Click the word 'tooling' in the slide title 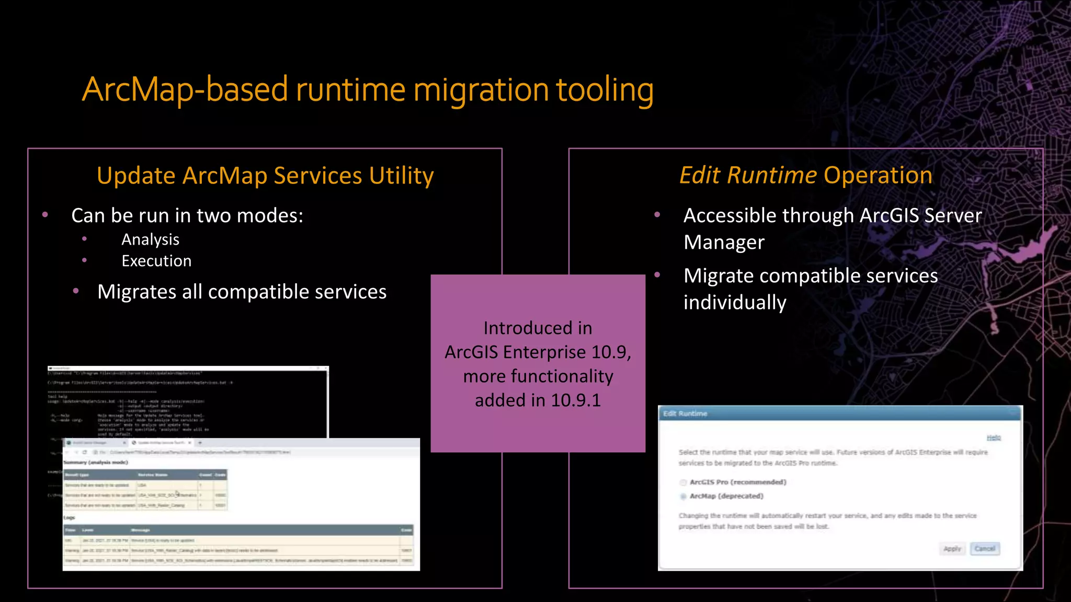coord(605,90)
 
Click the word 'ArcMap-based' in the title coord(185,90)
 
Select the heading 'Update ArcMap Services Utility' coord(265,176)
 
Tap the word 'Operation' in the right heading coord(878,175)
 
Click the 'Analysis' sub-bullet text coord(150,239)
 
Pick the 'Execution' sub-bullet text coord(156,261)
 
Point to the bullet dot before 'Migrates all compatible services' coord(76,291)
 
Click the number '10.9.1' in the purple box coord(575,400)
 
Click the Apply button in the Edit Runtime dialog coord(952,549)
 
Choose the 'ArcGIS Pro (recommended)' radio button coord(683,482)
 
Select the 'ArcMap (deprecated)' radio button coord(683,496)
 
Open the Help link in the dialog coord(993,438)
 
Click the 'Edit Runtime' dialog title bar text coord(685,413)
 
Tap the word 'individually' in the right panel coord(734,303)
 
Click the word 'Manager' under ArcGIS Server coord(724,242)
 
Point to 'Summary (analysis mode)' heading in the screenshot coord(95,462)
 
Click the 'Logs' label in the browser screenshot coord(69,517)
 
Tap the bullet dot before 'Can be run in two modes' coord(45,215)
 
